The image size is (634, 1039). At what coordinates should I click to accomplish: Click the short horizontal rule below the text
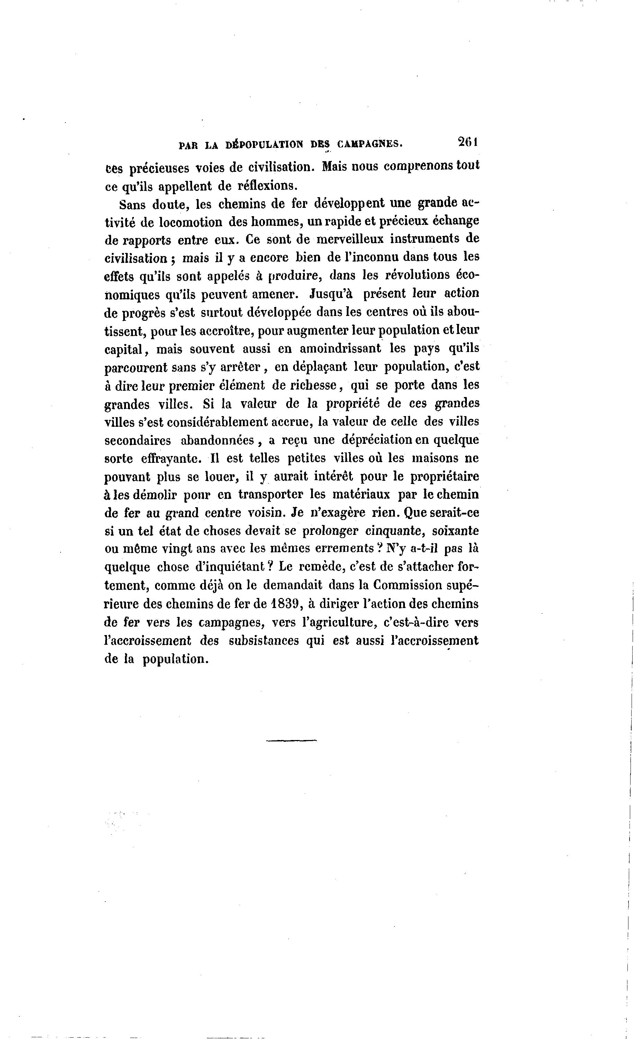pos(291,740)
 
